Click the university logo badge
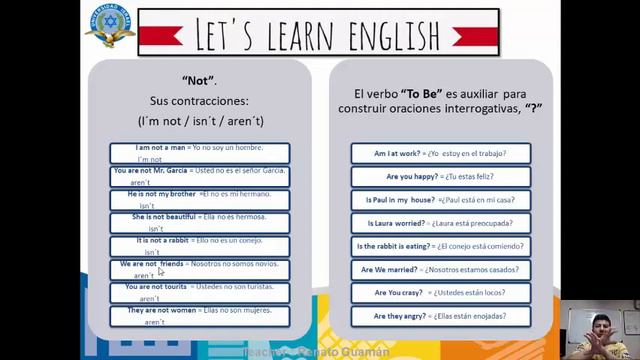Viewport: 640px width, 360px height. pos(110,26)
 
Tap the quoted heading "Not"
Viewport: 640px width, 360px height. pos(201,79)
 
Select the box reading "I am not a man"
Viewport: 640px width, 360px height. pos(200,153)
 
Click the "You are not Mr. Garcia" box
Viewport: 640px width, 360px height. pos(200,176)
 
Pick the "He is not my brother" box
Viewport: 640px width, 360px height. pos(200,199)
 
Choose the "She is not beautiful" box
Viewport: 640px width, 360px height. pos(200,222)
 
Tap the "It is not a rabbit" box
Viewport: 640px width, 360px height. pos(200,246)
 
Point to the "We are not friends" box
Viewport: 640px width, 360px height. pos(200,269)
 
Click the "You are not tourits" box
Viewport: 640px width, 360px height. pos(200,292)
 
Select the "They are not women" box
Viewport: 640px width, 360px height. pos(200,316)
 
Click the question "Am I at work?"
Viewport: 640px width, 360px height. pos(439,154)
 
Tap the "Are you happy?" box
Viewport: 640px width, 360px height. pos(439,177)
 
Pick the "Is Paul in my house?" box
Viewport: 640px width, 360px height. pos(439,200)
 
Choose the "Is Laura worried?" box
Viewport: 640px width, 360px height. pos(439,223)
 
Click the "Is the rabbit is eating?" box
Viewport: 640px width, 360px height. pos(439,246)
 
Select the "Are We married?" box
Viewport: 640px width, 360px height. pos(439,270)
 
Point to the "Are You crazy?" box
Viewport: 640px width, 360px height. pos(439,293)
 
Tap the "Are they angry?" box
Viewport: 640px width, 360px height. pos(439,316)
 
